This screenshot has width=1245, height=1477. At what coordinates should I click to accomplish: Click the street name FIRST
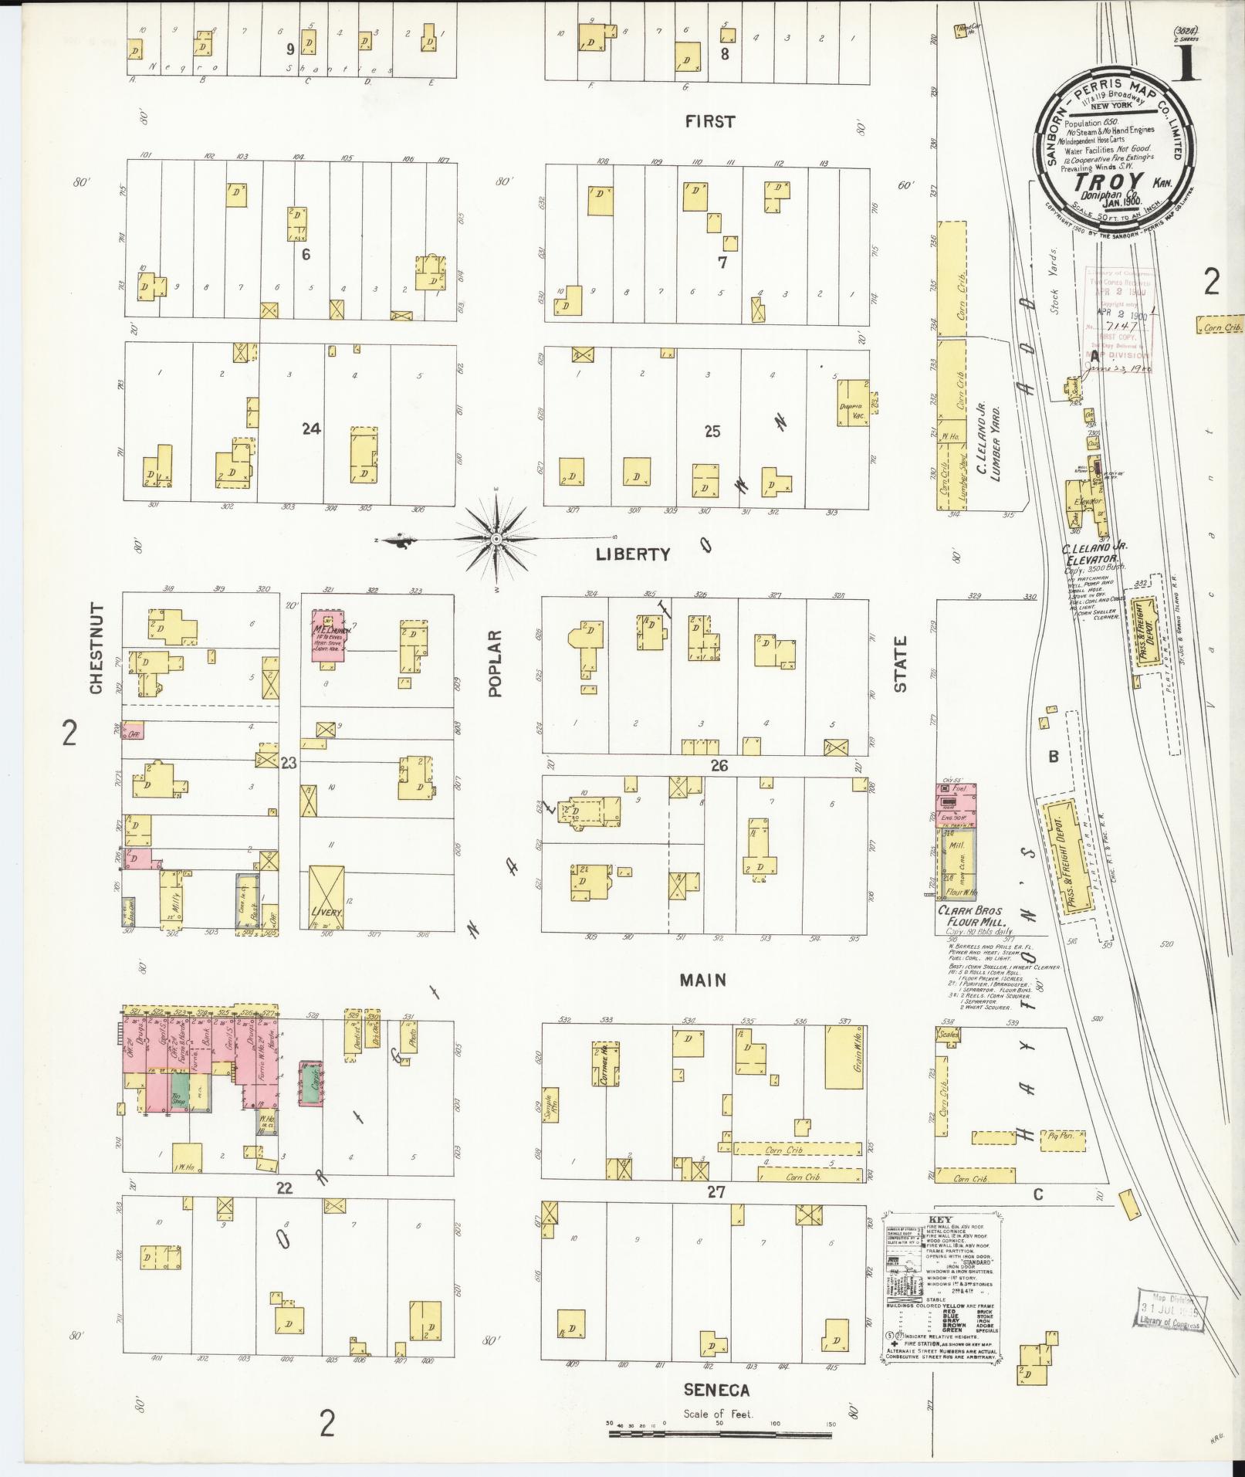coord(709,121)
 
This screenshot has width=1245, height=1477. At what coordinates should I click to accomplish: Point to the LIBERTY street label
coord(633,554)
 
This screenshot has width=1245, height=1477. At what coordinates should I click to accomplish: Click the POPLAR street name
coord(495,662)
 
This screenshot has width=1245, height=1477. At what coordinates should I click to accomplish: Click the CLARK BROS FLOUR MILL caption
coord(969,917)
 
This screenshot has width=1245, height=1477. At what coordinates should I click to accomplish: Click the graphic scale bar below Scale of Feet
coord(719,1435)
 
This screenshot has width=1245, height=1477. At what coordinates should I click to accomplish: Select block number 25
coord(712,431)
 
